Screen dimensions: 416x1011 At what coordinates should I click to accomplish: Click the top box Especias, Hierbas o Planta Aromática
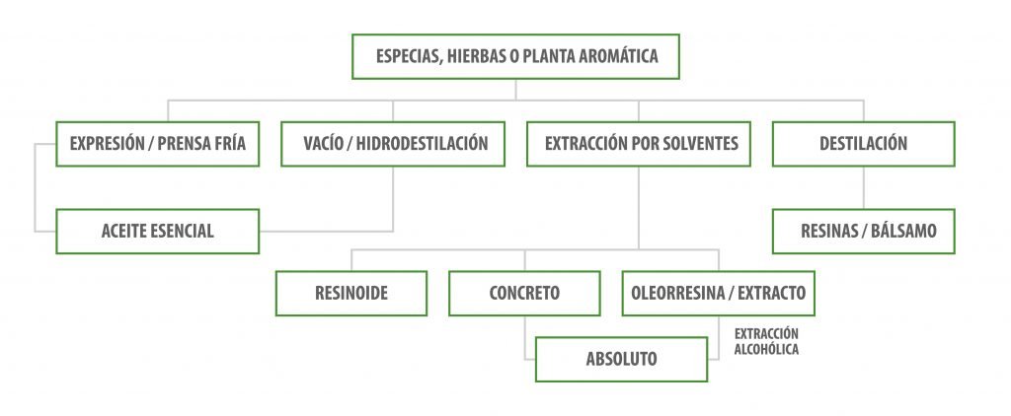tap(516, 57)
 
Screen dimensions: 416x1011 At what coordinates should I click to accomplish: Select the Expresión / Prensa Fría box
tap(158, 144)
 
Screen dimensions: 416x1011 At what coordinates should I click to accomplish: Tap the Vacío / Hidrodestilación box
tap(396, 144)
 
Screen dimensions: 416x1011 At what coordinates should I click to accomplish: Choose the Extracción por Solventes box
tap(641, 144)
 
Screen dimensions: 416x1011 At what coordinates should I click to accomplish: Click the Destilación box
tap(863, 144)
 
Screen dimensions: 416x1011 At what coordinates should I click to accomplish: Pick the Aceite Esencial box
tap(158, 232)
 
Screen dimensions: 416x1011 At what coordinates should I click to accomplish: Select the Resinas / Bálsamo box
tap(863, 232)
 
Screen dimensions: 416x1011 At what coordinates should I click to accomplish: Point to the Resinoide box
tap(352, 293)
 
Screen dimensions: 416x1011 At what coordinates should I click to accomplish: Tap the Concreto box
tap(524, 293)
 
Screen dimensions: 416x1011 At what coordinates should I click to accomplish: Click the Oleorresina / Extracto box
tap(719, 293)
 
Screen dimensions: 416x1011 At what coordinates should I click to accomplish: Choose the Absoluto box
tap(621, 359)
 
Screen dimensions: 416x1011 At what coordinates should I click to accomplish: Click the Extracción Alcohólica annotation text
tap(766, 341)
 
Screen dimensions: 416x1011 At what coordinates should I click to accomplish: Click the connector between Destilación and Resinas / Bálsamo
tap(864, 187)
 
